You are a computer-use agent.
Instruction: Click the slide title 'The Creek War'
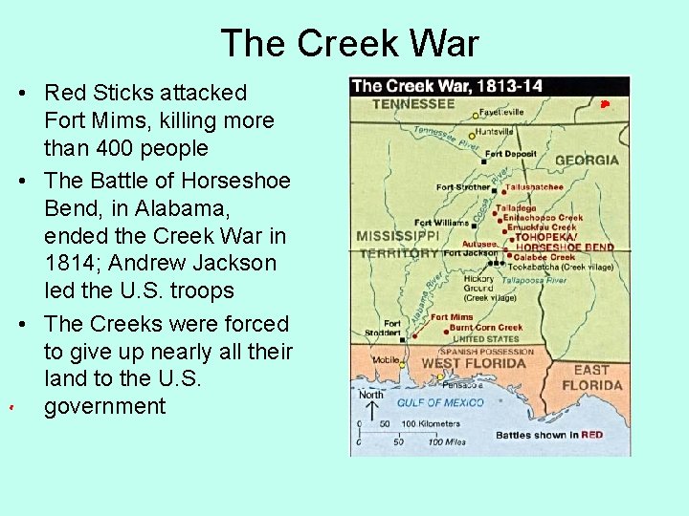(349, 44)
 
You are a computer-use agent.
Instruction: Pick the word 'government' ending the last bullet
(104, 406)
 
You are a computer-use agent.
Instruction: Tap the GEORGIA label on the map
(586, 161)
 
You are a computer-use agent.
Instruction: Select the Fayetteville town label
(501, 113)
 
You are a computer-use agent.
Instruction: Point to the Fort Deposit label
(510, 154)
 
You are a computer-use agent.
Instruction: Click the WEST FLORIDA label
(474, 364)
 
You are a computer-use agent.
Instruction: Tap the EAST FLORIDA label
(590, 377)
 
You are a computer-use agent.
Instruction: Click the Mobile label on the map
(386, 361)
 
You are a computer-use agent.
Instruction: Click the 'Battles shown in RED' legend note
(549, 436)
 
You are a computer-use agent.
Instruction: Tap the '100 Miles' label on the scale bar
(446, 442)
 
